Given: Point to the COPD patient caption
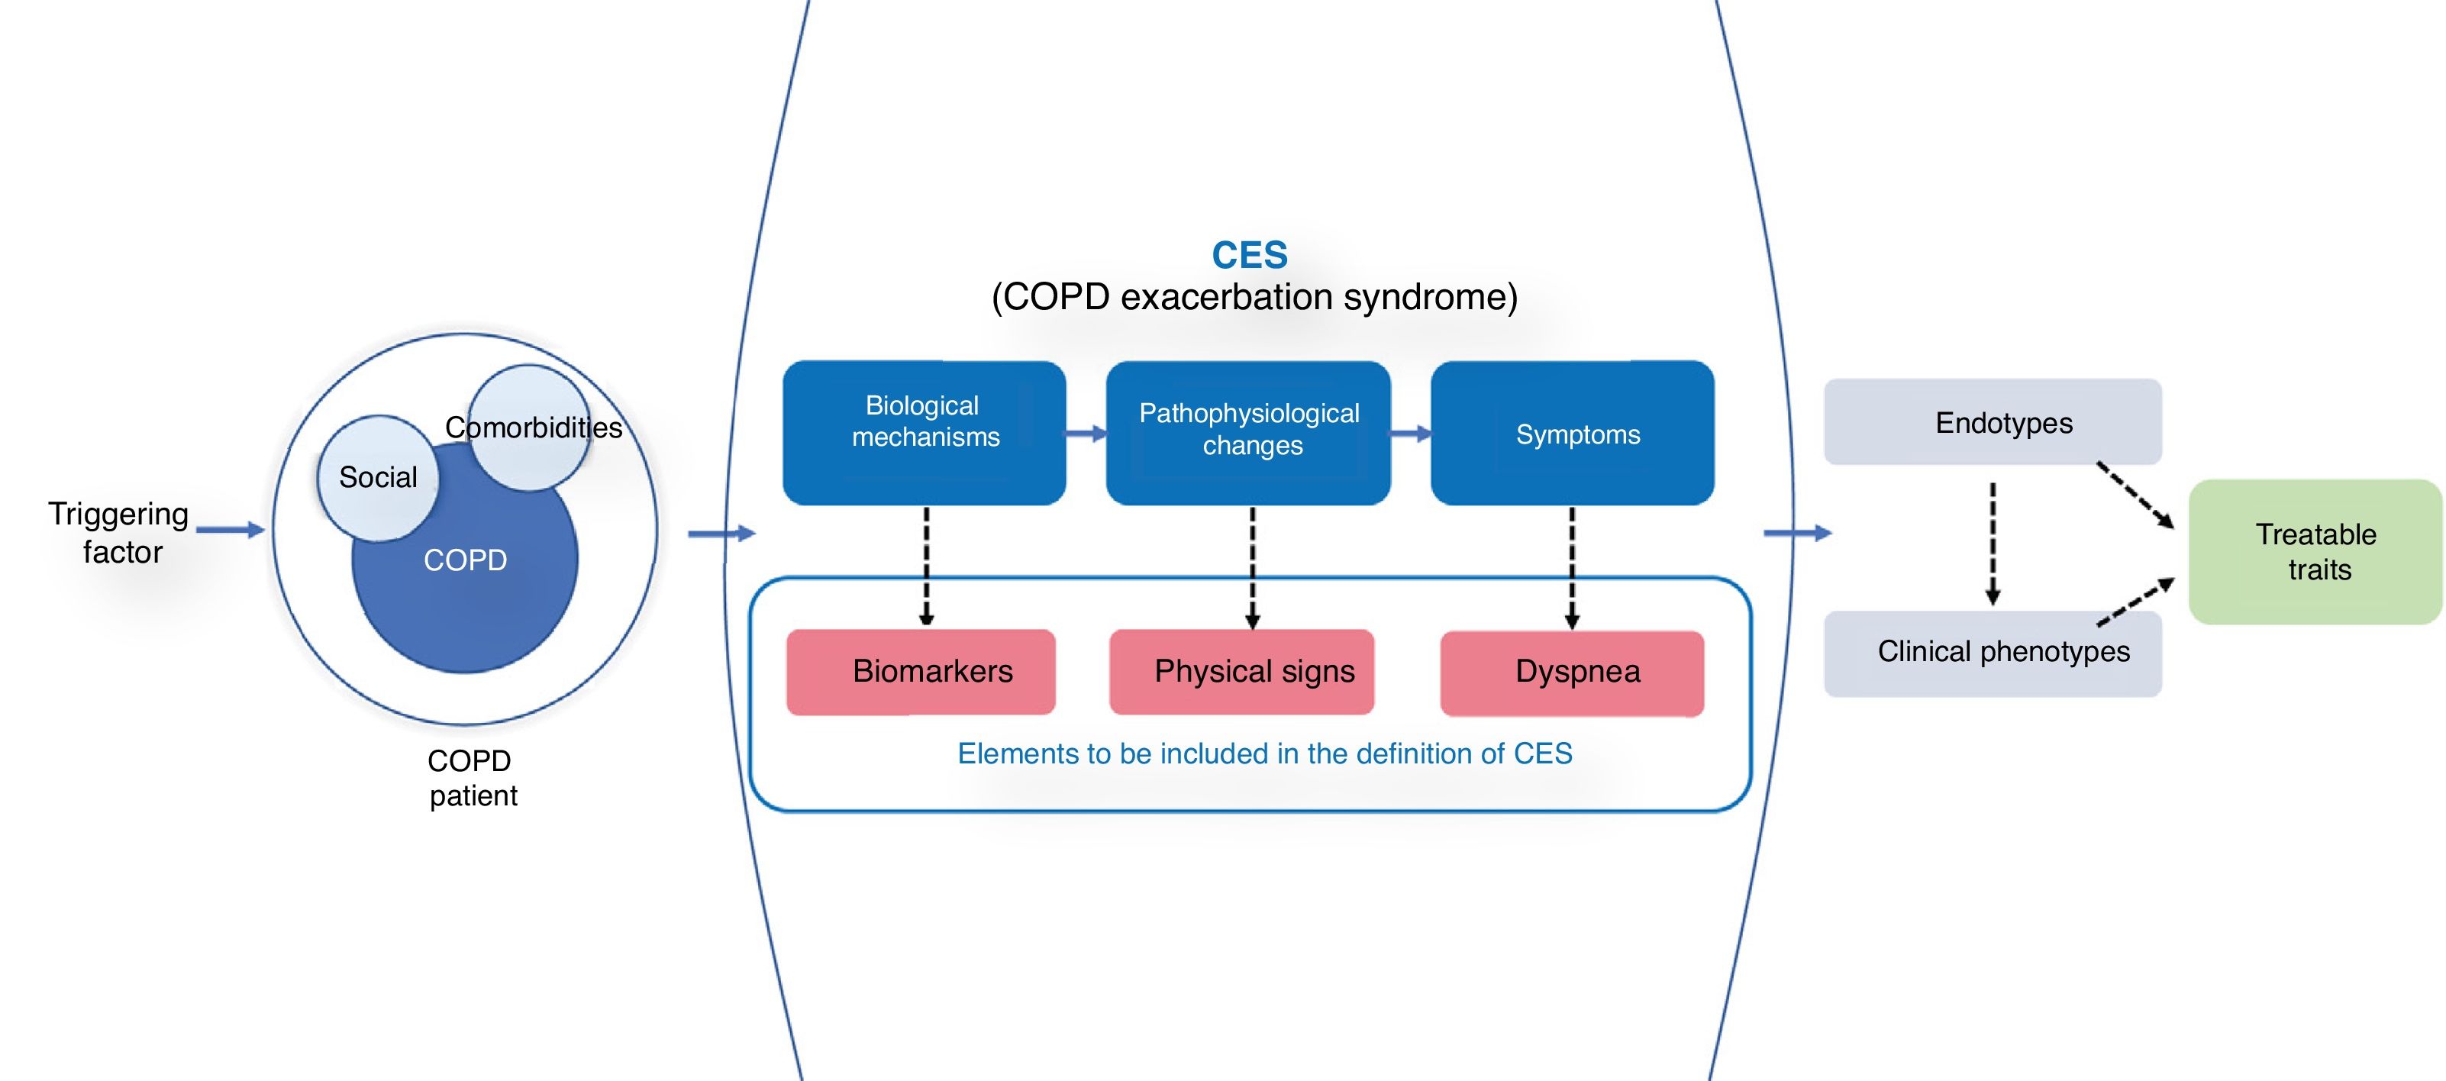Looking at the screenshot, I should click(x=471, y=778).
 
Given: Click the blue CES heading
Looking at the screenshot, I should click(x=1250, y=254).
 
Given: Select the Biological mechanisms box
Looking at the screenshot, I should click(x=924, y=432).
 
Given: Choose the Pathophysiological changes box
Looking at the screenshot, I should click(x=1249, y=432).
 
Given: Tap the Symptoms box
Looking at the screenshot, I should click(x=1573, y=432).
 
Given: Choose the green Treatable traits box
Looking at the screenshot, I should click(x=2315, y=552).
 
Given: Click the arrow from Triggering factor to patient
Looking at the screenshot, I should click(x=230, y=529).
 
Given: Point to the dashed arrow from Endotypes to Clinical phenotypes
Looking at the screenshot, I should click(x=1993, y=544).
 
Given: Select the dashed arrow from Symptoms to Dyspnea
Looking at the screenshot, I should click(x=1573, y=567).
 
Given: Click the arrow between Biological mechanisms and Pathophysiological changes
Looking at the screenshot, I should click(x=1086, y=433).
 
